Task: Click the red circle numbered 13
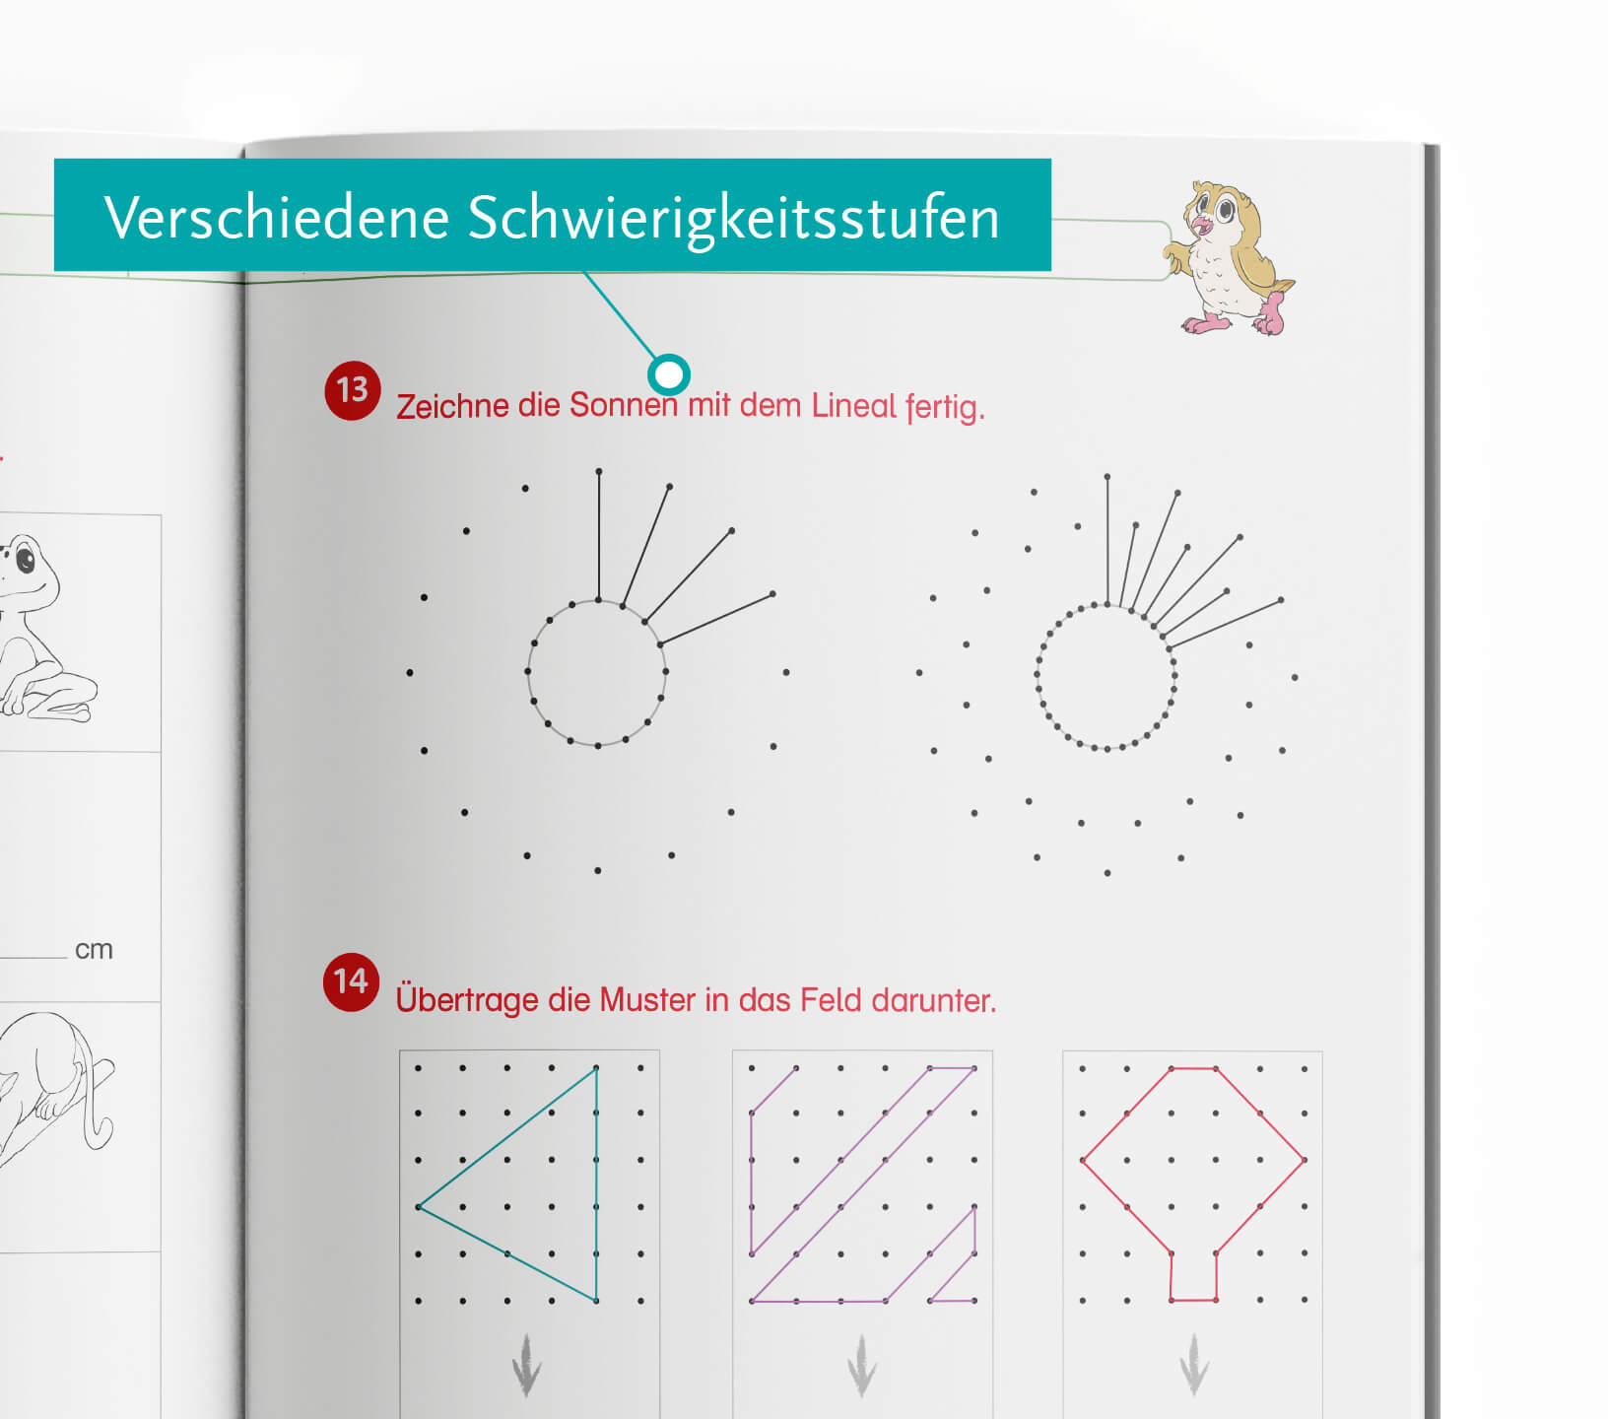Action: pos(352,391)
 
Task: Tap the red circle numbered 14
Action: pos(351,982)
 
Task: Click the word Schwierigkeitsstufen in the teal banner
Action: pos(733,218)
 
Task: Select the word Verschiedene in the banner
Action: pos(277,217)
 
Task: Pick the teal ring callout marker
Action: pos(669,374)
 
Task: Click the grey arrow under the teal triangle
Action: pos(526,1365)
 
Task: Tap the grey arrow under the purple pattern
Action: pos(861,1365)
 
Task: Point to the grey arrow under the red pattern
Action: pos(1193,1365)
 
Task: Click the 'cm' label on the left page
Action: pos(94,950)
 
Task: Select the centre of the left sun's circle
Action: pos(597,673)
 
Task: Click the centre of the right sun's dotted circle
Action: pos(1105,677)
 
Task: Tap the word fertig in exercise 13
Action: pos(945,407)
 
